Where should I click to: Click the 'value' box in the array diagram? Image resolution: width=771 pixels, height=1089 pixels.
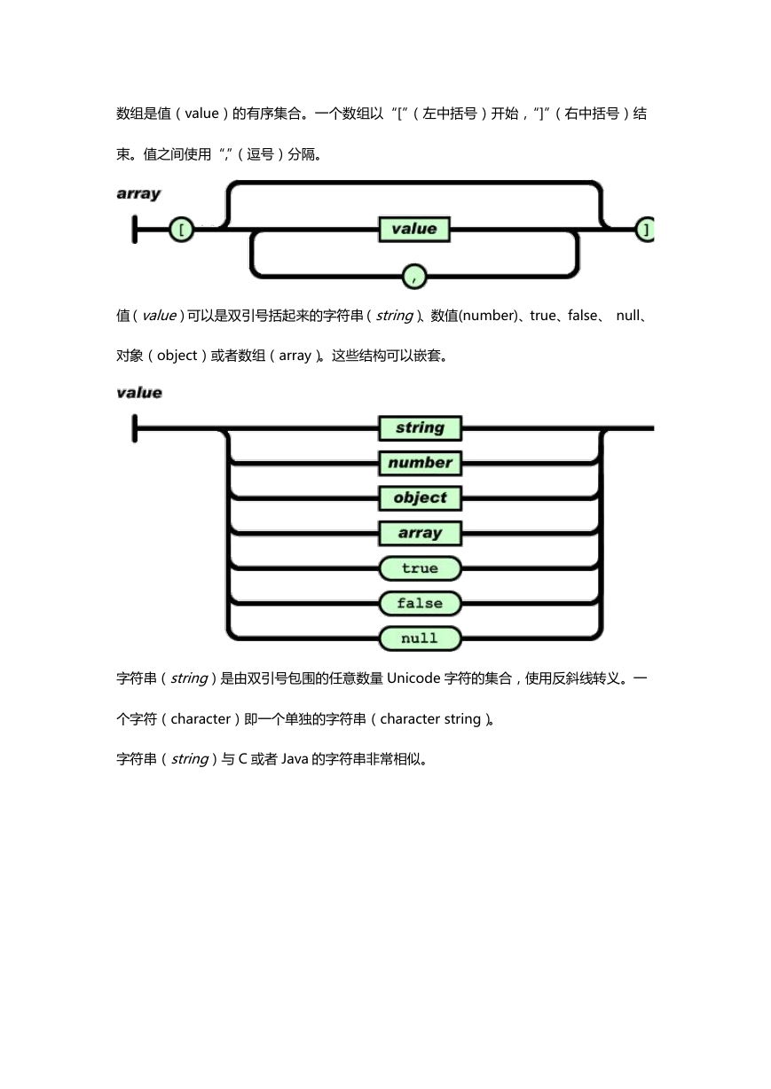coord(414,229)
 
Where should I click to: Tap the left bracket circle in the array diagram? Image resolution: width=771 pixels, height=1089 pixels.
coord(182,230)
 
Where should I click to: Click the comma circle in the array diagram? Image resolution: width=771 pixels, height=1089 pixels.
coord(414,277)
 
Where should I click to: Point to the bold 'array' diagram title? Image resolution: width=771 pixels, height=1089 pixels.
coord(138,193)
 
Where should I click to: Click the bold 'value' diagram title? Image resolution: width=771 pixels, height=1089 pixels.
coord(139,392)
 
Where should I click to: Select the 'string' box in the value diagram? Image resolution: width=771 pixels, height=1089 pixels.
coord(421,427)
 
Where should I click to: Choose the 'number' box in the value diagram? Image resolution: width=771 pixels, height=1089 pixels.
coord(421,463)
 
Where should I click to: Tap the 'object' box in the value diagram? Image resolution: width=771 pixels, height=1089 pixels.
coord(421,497)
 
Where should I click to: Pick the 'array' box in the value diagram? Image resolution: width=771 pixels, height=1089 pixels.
coord(421,533)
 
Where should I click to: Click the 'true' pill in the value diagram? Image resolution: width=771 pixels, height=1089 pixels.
coord(421,568)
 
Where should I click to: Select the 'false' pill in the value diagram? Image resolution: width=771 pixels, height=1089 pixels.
coord(421,603)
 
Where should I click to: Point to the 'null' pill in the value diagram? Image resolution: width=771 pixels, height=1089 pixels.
coord(421,639)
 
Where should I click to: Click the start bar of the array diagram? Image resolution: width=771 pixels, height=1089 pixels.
coord(135,229)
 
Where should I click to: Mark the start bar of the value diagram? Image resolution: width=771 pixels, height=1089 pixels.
coord(135,428)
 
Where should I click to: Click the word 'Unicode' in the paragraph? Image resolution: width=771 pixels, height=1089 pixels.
coord(413,678)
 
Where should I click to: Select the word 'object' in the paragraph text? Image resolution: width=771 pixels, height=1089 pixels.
coord(177,356)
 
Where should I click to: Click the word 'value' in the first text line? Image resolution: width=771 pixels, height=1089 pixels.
coord(201,114)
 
